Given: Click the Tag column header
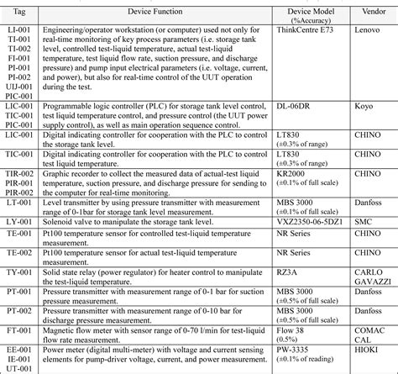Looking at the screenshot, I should coord(22,12).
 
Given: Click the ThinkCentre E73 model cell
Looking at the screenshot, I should coord(306,29).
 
